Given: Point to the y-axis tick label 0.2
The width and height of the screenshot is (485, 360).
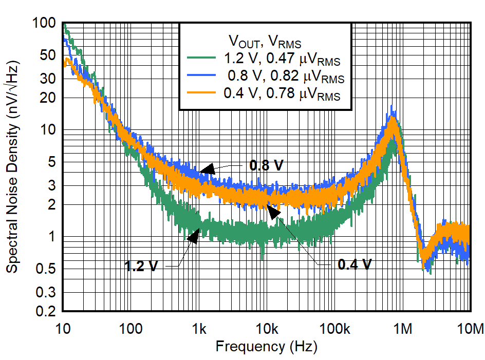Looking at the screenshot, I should (46, 311).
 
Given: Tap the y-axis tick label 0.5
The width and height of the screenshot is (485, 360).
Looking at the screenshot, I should (46, 269).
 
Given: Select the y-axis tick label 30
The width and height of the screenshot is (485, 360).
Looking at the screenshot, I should (48, 78).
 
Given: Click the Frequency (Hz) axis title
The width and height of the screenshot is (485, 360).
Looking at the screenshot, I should (266, 346).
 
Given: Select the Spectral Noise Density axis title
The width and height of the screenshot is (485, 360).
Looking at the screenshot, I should (12, 167).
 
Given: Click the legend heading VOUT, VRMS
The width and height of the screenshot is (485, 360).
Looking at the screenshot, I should (265, 41).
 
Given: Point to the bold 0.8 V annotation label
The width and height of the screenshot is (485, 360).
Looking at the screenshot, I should (266, 165).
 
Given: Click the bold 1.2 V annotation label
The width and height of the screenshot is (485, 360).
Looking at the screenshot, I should (141, 266).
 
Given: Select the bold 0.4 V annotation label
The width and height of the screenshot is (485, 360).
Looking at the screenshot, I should (355, 264).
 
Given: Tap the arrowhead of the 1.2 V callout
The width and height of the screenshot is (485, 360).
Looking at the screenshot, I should (194, 236).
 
